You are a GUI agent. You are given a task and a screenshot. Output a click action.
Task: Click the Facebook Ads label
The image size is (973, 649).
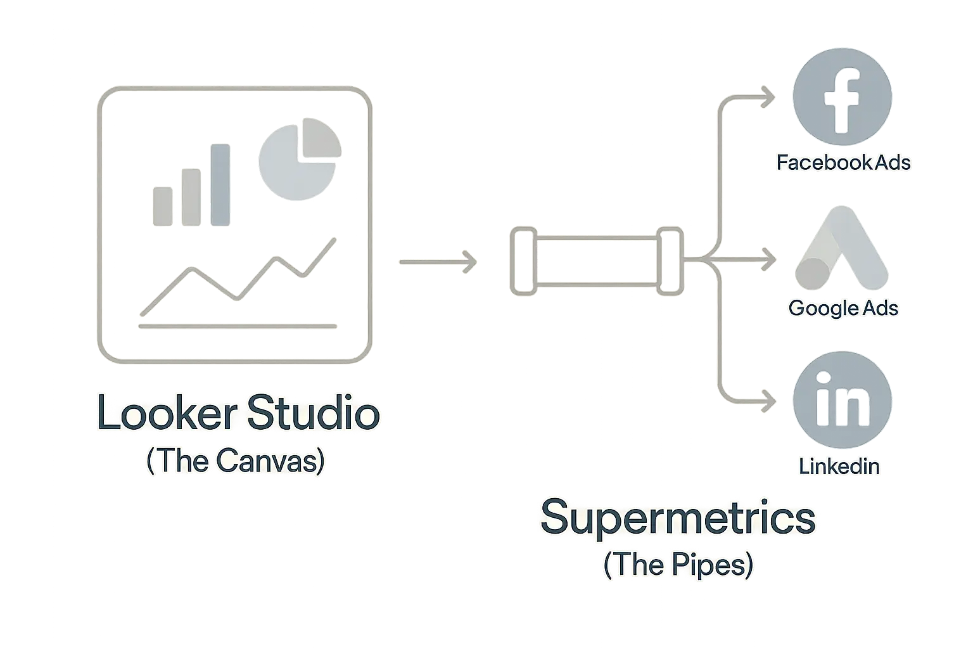click(843, 163)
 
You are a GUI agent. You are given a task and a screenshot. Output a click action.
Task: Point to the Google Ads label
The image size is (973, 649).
click(843, 309)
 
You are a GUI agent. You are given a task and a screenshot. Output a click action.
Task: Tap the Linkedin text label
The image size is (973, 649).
click(839, 466)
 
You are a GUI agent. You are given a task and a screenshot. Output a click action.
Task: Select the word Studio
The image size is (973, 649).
click(313, 414)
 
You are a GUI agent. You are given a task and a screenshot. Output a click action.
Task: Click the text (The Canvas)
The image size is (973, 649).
click(235, 461)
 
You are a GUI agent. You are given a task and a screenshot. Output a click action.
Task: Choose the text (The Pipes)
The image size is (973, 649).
click(678, 564)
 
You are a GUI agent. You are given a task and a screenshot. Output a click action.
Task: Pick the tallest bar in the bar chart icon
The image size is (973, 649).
click(220, 184)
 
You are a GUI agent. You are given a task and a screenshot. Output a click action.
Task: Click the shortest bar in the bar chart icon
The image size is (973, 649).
click(162, 205)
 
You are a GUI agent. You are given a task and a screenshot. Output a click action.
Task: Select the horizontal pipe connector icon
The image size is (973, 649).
click(597, 260)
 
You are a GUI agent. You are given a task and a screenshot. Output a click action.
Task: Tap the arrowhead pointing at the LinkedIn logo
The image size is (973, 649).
click(769, 401)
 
